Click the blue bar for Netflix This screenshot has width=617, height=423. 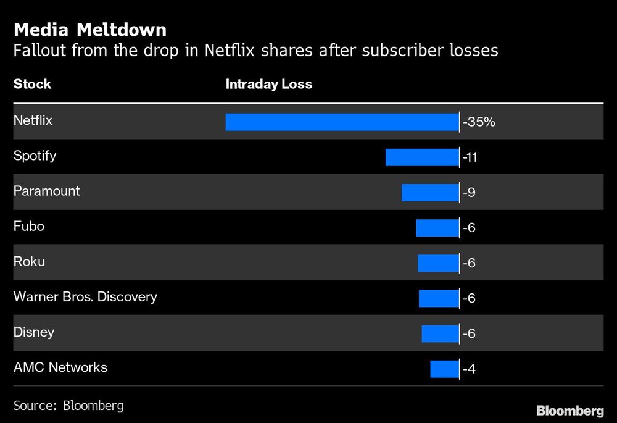tap(342, 122)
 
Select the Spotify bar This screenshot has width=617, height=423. tap(422, 157)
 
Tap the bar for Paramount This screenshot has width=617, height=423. tap(430, 193)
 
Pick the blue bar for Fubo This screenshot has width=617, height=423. tap(437, 228)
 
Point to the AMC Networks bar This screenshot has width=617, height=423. tap(444, 369)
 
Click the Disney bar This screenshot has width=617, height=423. tap(440, 334)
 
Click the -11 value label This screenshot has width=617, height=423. tap(471, 158)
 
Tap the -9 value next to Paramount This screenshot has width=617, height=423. tap(470, 193)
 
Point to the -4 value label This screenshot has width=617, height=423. tap(470, 370)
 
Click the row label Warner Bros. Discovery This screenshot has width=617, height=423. tap(85, 297)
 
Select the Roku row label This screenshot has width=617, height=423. tap(29, 262)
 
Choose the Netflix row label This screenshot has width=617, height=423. tap(33, 120)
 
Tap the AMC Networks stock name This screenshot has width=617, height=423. tap(60, 367)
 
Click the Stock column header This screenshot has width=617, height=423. tap(32, 85)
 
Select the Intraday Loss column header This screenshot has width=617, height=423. tap(268, 85)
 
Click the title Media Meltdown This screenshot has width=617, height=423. tap(89, 30)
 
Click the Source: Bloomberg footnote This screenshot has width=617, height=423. tap(68, 406)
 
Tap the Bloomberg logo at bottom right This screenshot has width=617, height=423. tap(569, 410)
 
